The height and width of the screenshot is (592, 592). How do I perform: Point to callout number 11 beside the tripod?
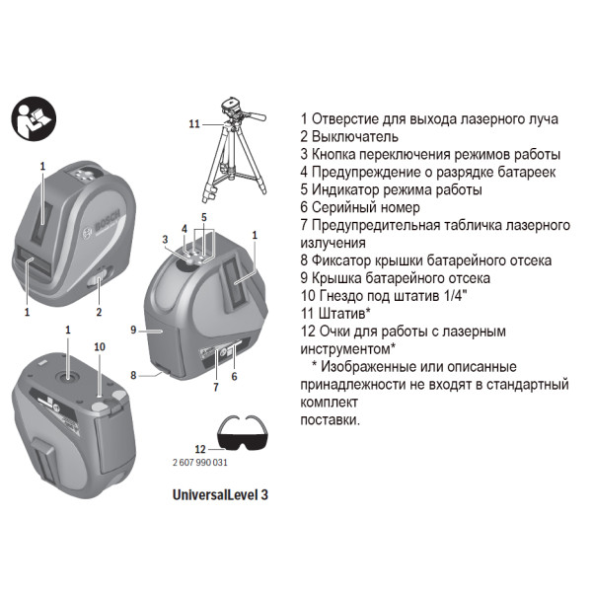click(x=194, y=123)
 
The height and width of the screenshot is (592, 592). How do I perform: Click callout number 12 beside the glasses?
click(x=200, y=450)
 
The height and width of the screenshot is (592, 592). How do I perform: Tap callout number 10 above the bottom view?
click(x=99, y=346)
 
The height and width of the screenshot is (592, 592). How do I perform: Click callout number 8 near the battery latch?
click(x=132, y=376)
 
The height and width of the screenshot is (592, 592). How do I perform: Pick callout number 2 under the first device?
click(x=99, y=312)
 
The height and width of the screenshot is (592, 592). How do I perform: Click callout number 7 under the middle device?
click(x=215, y=388)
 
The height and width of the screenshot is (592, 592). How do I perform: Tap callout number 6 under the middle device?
click(x=235, y=376)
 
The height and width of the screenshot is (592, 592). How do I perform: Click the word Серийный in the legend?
click(x=350, y=207)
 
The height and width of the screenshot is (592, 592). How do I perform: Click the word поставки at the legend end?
click(x=330, y=420)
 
